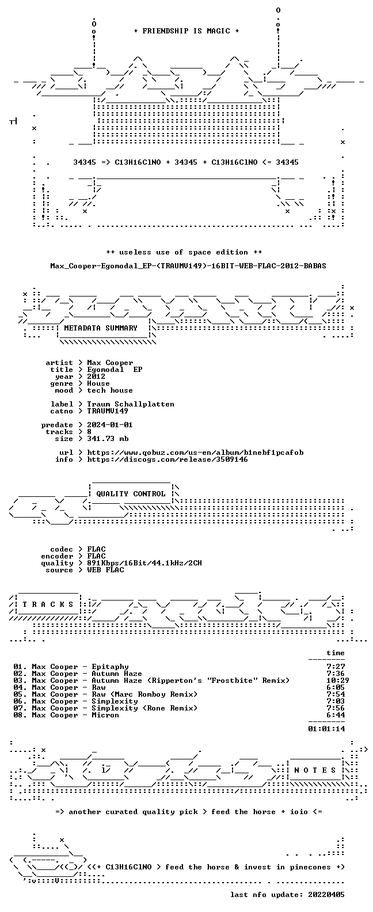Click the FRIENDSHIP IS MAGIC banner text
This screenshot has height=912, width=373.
point(186,31)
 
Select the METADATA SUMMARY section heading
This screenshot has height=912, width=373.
point(101,328)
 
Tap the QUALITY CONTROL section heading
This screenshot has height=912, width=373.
point(131,494)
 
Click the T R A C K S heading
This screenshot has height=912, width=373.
point(48,604)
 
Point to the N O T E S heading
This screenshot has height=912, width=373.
point(315,770)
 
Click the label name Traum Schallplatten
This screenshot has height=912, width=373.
point(130,404)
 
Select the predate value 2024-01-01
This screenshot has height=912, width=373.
point(110,425)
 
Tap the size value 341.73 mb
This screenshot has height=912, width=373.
point(108,439)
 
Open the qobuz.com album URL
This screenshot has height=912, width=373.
point(195,453)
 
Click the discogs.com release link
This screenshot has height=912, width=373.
point(168,459)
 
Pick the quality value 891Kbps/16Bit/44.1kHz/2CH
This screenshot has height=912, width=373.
point(144,563)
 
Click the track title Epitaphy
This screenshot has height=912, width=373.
point(110,667)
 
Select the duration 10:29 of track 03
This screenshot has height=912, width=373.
point(337,681)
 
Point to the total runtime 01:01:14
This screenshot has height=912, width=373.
point(326,729)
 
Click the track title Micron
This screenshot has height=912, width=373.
point(105,715)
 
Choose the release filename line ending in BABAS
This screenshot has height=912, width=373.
point(188,266)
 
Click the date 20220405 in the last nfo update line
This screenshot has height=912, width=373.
point(326,895)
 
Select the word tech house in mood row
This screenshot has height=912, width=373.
point(110,390)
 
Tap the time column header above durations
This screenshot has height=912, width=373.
point(336,653)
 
